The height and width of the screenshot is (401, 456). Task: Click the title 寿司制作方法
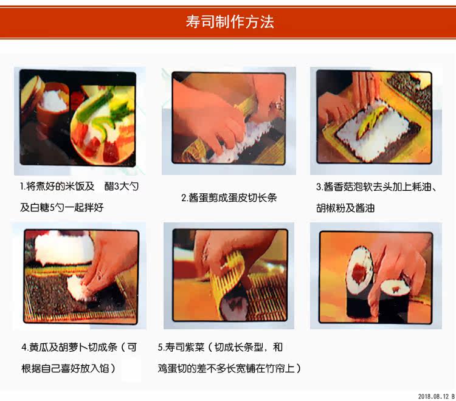coord(230,22)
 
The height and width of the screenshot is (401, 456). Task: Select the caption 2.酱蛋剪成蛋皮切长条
coord(229,197)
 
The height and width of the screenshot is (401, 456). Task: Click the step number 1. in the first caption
coord(22,187)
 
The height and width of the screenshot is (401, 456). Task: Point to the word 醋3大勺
coord(122,187)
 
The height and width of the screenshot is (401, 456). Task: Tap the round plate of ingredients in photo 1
coord(103,125)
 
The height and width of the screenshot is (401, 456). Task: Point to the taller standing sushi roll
coord(360,283)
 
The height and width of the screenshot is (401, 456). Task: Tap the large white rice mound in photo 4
coord(64,247)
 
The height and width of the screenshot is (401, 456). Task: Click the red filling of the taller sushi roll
coord(359,274)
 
